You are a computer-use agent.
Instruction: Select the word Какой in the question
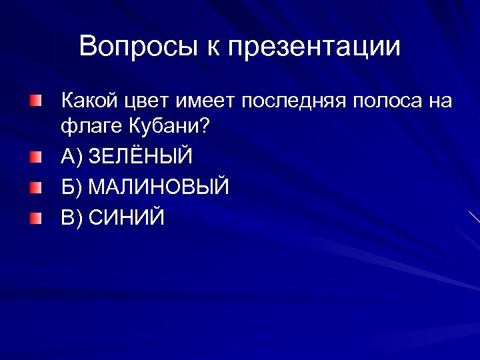[90, 101]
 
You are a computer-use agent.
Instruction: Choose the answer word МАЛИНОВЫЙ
[159, 187]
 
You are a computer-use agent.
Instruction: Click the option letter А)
[72, 157]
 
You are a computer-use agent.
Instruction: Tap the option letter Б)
[72, 187]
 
